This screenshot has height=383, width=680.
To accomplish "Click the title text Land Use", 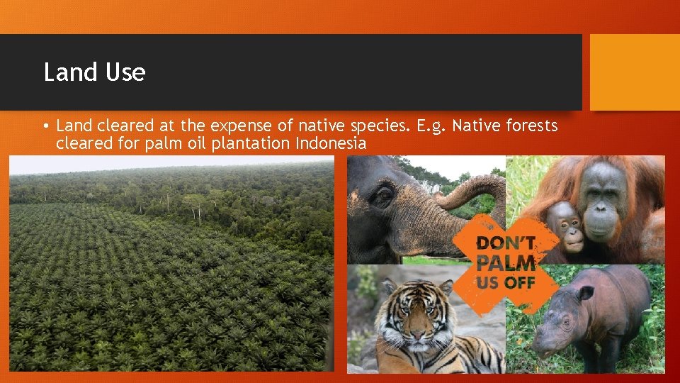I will [94, 72].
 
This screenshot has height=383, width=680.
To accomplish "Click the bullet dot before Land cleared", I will [45, 127].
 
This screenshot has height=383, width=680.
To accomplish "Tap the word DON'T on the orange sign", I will [504, 243].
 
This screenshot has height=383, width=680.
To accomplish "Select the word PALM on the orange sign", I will [506, 263].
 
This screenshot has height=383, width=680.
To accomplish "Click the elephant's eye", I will [383, 195].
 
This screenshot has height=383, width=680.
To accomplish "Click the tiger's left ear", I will [388, 287].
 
